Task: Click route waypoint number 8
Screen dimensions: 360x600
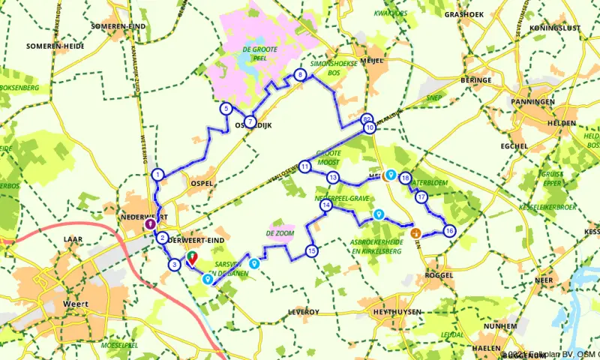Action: [x=300, y=74]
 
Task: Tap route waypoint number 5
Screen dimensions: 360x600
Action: [x=226, y=109]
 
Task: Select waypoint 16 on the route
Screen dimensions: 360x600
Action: [x=448, y=230]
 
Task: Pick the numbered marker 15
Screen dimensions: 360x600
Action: [x=311, y=250]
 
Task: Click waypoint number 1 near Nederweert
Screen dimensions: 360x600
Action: [x=157, y=174]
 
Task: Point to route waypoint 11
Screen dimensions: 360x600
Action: [x=305, y=166]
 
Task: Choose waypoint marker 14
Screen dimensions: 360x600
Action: [x=325, y=205]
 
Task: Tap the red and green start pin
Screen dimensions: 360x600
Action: [x=191, y=259]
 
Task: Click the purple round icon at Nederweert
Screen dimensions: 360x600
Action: [x=149, y=223]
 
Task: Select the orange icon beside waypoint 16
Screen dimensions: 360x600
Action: [x=415, y=233]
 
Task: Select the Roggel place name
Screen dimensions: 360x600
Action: [x=440, y=275]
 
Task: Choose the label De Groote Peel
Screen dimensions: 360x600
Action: [x=255, y=54]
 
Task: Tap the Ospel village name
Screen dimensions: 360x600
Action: [x=203, y=182]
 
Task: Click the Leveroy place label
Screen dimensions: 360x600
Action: [x=303, y=311]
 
